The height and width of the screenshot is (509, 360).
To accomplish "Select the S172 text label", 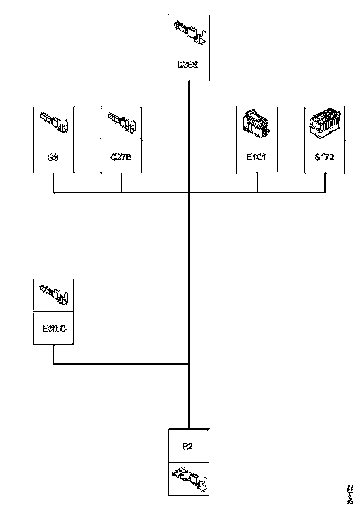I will click(x=324, y=157).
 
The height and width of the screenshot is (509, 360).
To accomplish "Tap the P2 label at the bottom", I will click(x=188, y=446).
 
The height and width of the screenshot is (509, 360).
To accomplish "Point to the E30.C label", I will click(x=54, y=329).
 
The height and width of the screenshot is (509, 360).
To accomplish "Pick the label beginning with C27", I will click(x=121, y=157).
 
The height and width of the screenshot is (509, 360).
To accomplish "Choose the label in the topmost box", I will click(x=188, y=65).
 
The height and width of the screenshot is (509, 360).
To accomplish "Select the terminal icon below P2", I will click(x=190, y=478).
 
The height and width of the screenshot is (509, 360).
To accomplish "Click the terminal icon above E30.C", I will click(x=54, y=295).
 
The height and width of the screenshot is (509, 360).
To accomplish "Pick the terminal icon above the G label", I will click(x=55, y=123).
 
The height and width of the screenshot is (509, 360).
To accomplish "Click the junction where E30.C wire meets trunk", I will click(x=189, y=364).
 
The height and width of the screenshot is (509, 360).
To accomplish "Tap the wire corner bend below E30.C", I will click(x=54, y=364).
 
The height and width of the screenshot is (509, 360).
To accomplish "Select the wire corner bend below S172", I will click(x=325, y=192).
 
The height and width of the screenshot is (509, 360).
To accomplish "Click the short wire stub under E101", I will click(x=257, y=182).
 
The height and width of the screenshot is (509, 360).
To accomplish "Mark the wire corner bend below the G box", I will click(x=54, y=192).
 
